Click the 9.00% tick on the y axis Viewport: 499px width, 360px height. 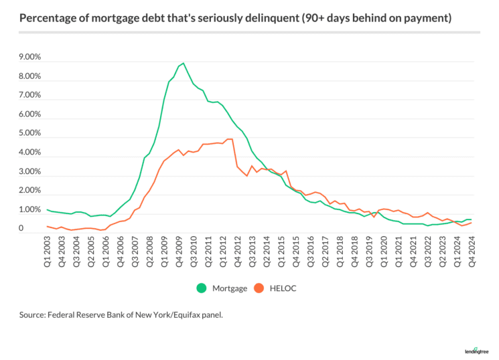30,58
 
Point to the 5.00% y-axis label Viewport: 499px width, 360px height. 30,134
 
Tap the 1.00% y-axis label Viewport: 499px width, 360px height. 30,210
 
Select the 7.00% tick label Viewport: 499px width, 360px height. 30,96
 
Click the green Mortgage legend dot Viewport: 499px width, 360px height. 201,288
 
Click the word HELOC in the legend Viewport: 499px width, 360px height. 285,288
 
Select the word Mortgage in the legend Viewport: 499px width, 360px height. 228,288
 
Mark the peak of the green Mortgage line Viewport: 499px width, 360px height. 183,64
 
